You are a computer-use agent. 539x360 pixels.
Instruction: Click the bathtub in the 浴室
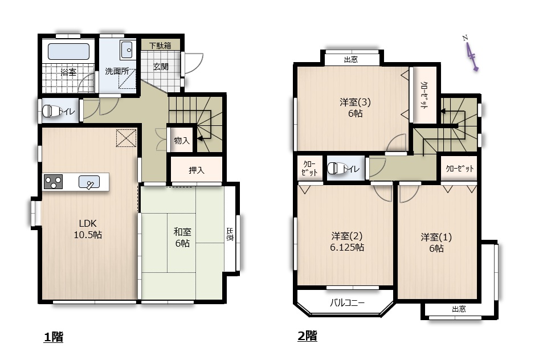(x=68, y=51)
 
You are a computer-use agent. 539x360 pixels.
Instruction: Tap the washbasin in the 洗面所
(x=127, y=50)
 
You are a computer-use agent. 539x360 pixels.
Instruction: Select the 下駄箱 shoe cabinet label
(x=160, y=46)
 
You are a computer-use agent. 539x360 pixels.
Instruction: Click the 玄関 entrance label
(x=161, y=67)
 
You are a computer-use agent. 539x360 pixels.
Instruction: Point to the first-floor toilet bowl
(x=51, y=111)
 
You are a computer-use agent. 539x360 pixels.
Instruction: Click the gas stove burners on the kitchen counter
(x=54, y=182)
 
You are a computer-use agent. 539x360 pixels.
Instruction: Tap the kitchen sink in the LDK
(x=89, y=182)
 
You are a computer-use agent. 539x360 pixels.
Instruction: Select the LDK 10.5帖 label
(x=88, y=229)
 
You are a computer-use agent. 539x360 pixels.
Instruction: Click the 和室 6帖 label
(x=182, y=238)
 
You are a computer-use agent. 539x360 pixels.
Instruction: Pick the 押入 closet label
(x=196, y=170)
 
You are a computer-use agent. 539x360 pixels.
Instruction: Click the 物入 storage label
(x=182, y=140)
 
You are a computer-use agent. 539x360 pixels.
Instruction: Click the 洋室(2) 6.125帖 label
(x=347, y=242)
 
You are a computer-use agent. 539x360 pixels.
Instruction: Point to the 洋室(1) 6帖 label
(x=436, y=243)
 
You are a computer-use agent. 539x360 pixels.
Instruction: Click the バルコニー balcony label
(x=347, y=302)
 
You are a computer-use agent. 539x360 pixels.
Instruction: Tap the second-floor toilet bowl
(x=336, y=168)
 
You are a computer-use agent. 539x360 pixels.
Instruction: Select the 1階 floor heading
(x=54, y=337)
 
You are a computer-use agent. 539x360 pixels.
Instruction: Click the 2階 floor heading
(x=307, y=336)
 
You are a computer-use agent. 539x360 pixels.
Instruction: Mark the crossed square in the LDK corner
(x=126, y=138)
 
